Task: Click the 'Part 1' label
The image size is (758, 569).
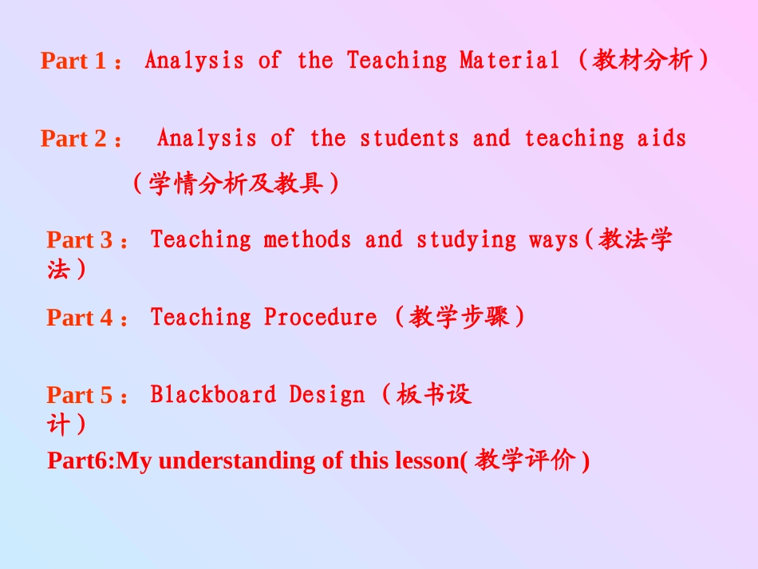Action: click(x=73, y=61)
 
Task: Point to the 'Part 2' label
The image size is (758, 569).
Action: click(x=73, y=139)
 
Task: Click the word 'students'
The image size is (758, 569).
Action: click(x=409, y=138)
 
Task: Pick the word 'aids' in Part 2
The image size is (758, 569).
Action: click(x=661, y=138)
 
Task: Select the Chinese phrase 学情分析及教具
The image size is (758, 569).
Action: click(x=236, y=184)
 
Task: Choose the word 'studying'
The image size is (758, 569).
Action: click(x=466, y=239)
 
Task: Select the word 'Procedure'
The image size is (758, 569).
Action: click(x=320, y=317)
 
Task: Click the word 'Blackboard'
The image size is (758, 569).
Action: click(x=213, y=394)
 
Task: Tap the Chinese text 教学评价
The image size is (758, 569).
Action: click(x=525, y=460)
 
